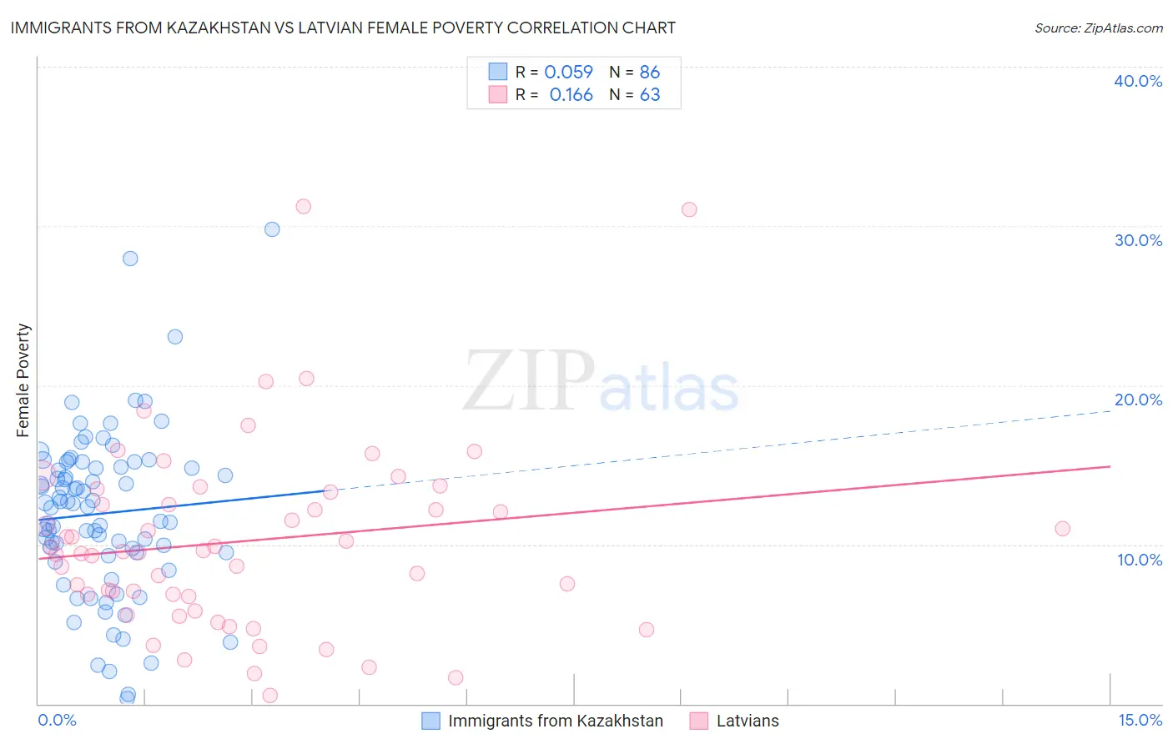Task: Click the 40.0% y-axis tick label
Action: (x=1138, y=81)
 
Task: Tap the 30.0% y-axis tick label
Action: (x=1138, y=240)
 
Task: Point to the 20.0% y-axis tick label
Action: (x=1138, y=400)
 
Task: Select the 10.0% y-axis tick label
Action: (x=1140, y=560)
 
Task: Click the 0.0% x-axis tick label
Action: (x=57, y=721)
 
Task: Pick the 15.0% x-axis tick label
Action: (x=1140, y=721)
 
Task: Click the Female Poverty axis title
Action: (x=23, y=380)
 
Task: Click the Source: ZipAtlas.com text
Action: (x=1098, y=28)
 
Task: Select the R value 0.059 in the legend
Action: (x=568, y=73)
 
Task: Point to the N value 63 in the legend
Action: (x=650, y=95)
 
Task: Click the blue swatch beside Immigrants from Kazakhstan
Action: (x=430, y=721)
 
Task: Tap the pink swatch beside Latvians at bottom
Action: (x=699, y=721)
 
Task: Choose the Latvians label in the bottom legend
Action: (x=748, y=721)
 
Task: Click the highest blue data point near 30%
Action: (x=272, y=229)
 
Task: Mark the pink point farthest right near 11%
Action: (x=1062, y=528)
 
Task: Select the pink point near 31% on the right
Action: (x=689, y=209)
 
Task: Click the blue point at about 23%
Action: (x=175, y=337)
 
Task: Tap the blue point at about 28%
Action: (x=130, y=259)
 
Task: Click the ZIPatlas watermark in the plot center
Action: (x=601, y=382)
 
